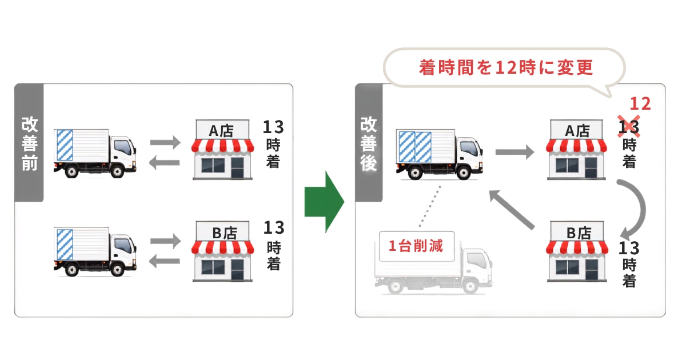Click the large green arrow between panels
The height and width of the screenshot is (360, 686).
324,202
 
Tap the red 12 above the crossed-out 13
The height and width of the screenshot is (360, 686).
640,104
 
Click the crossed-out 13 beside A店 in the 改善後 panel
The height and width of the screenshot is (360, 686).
629,127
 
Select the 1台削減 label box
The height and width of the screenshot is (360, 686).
417,246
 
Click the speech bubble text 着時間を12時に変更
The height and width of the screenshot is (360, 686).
506,67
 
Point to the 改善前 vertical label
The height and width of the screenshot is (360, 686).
29,143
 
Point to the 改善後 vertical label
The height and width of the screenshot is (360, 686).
368,143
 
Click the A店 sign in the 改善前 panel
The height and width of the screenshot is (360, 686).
222,130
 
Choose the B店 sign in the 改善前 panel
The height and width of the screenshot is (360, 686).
223,231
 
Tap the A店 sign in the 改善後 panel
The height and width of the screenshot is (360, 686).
577,130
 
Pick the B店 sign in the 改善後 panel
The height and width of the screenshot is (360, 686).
577,231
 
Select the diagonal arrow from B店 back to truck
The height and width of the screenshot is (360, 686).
512,210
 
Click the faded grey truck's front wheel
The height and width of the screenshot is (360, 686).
470,286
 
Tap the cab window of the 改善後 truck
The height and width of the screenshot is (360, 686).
469,149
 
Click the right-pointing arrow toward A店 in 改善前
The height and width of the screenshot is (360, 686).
165,142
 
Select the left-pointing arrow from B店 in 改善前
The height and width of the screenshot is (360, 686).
165,261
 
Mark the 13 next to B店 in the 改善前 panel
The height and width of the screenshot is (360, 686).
274,227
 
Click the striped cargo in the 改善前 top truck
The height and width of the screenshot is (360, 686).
65,145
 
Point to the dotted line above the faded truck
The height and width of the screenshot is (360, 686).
430,206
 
